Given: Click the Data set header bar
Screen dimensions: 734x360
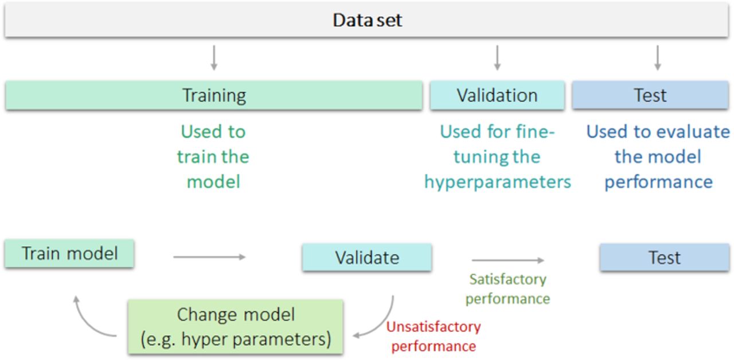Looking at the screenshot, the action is point(366,19).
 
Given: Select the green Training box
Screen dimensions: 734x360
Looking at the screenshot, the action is point(214,95).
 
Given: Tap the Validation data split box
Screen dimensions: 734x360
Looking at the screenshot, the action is point(497,95).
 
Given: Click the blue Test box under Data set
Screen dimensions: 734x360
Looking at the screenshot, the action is point(650,95).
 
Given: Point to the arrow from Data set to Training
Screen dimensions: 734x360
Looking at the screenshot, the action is point(214,58).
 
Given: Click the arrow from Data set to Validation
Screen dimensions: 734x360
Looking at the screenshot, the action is point(497,58).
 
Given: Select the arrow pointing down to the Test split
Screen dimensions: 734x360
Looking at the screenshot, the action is point(657,58).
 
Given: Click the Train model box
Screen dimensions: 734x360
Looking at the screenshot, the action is point(69,253).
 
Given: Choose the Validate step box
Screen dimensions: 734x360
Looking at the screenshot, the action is point(366,257).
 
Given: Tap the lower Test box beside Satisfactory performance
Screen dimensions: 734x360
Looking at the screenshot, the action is point(665,257).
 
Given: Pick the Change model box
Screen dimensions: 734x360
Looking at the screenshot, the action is point(235,327).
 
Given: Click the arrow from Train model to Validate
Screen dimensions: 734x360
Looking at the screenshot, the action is point(209,257).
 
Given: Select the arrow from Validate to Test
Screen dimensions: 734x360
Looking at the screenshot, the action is point(508,260).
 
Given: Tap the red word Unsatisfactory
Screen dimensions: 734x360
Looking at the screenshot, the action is point(434,327).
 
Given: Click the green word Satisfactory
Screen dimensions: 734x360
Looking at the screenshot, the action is point(507,279).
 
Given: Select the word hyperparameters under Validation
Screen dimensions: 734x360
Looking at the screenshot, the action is point(497,182).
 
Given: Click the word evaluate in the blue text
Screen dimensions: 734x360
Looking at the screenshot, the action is point(693,132).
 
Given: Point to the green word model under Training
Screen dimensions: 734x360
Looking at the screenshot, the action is point(214,182).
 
